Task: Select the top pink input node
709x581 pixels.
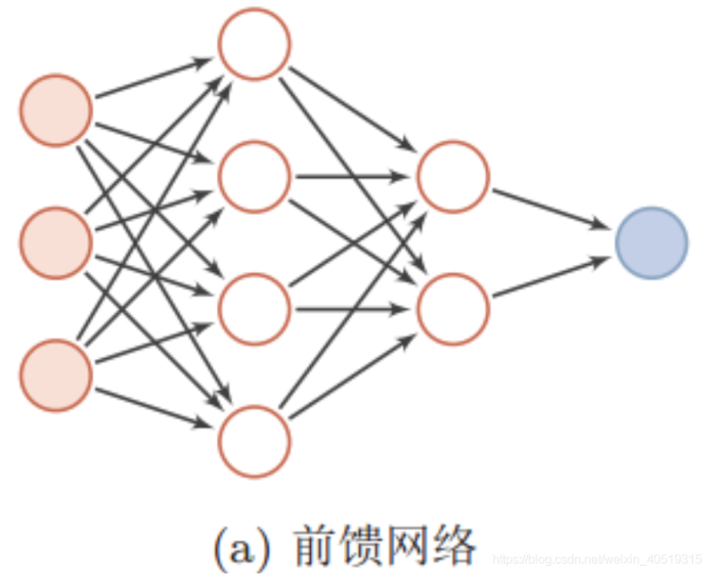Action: click(56, 110)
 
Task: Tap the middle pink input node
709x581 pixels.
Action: click(56, 242)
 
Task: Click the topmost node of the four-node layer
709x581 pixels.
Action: click(254, 44)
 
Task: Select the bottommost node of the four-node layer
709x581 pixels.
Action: click(254, 441)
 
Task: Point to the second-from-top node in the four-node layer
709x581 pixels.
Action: click(254, 176)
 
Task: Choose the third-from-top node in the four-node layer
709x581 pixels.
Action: click(254, 309)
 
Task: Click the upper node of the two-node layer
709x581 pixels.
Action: click(453, 176)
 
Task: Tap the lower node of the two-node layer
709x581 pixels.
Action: click(453, 309)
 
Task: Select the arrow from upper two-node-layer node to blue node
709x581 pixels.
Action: click(551, 208)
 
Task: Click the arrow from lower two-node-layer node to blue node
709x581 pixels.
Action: click(551, 277)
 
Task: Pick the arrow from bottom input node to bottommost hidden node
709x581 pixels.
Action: click(152, 407)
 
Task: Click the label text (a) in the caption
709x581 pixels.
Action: click(242, 548)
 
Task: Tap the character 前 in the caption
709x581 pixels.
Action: click(315, 546)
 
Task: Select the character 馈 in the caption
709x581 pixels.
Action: click(362, 546)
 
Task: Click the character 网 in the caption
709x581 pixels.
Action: click(408, 546)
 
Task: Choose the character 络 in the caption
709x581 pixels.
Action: click(454, 546)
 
